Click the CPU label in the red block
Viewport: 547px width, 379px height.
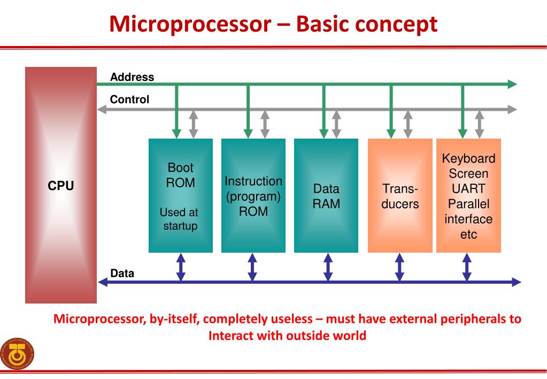coord(60,186)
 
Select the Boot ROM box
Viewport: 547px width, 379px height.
coord(180,195)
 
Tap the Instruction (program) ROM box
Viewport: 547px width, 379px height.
coord(253,195)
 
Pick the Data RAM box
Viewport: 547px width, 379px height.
coord(326,195)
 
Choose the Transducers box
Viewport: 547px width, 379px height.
coord(399,195)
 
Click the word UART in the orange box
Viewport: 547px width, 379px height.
coord(468,189)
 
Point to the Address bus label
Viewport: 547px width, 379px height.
coord(132,77)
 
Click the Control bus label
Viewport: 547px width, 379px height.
coord(129,100)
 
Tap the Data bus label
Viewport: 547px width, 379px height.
coord(122,274)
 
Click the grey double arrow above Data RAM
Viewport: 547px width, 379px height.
coord(336,124)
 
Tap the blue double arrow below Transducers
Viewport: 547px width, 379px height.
coord(399,267)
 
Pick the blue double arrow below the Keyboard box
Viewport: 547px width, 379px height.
coord(467,267)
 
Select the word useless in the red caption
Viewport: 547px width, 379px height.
coord(287,320)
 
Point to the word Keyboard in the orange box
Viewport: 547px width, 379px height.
coord(468,159)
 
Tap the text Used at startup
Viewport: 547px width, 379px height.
coord(179,219)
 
